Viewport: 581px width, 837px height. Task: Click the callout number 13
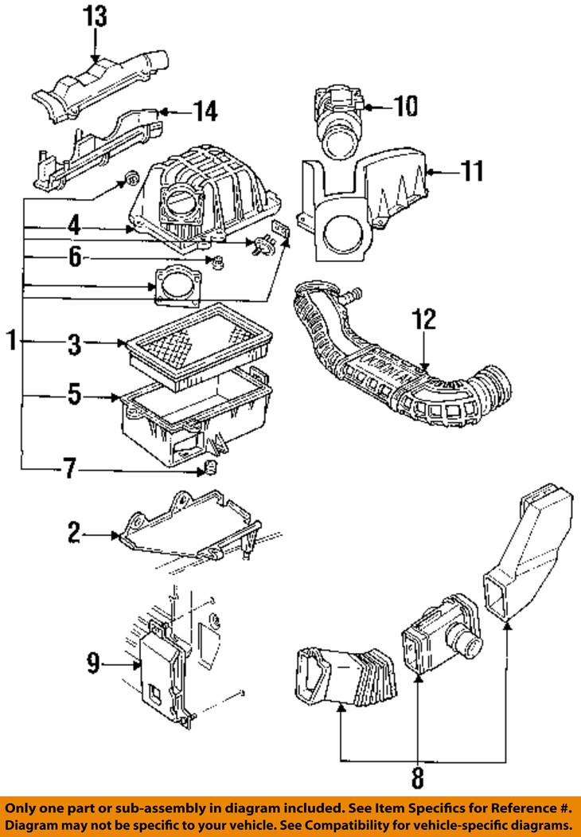tap(95, 15)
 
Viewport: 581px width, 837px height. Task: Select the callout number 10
tap(405, 105)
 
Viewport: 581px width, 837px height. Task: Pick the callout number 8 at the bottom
tap(417, 774)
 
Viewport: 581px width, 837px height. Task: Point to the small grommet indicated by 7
tap(212, 466)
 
